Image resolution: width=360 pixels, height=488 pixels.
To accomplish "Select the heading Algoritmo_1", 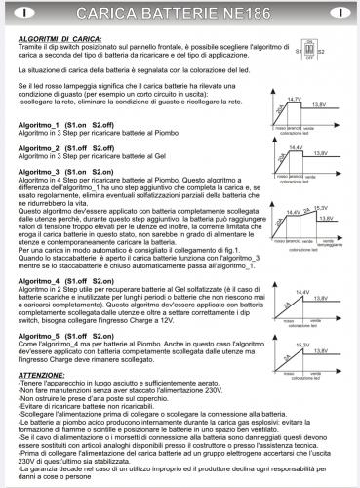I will (38, 126).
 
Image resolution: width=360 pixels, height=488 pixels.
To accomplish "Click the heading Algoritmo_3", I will (38, 168).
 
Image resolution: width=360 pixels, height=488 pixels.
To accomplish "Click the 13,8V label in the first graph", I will (319, 104).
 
